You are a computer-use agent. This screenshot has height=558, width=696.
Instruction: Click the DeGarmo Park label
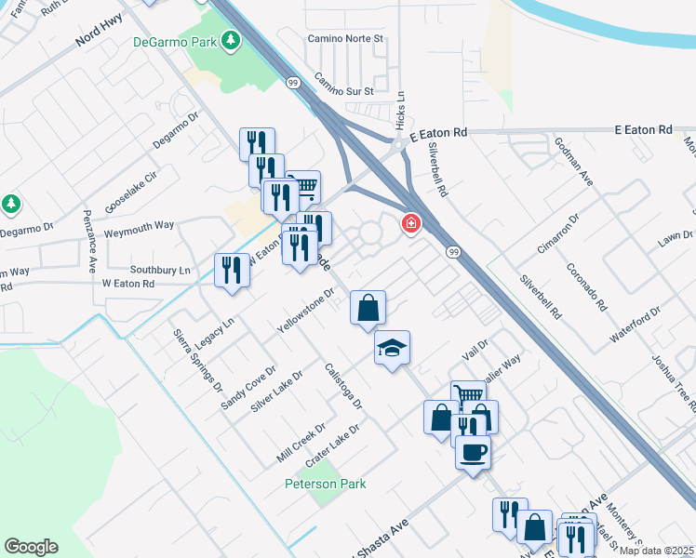point(174,41)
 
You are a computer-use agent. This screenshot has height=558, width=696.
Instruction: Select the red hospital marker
point(409,224)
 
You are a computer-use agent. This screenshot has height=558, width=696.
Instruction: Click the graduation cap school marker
point(392,348)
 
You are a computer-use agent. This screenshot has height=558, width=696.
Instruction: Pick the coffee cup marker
point(473,453)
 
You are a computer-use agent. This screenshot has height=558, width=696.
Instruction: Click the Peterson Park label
point(326,484)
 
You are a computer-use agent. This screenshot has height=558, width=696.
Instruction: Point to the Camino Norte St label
point(346,39)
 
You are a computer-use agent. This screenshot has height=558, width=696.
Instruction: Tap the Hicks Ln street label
point(400,110)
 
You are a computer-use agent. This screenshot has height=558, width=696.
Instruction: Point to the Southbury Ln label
point(159,270)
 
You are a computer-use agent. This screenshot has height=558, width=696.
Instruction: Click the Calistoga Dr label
point(342,385)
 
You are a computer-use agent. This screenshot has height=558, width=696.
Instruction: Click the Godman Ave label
point(573,162)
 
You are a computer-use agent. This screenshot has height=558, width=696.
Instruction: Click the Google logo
point(31,547)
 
